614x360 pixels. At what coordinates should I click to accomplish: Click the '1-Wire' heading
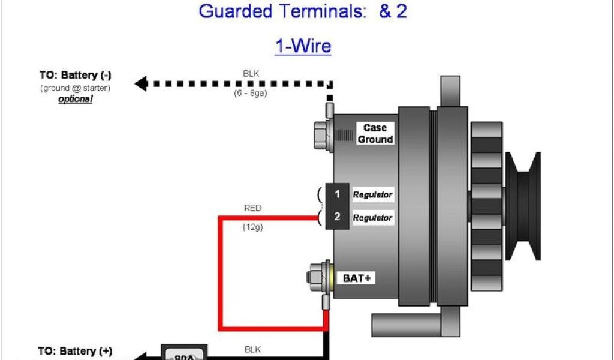click(303, 46)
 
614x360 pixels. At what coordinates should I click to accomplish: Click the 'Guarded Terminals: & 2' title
click(303, 11)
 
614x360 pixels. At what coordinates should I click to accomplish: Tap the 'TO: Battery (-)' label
click(76, 76)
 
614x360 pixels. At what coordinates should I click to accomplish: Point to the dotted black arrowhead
click(141, 83)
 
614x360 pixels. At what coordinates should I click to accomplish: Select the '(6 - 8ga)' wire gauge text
click(251, 94)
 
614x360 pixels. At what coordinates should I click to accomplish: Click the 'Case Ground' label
click(375, 133)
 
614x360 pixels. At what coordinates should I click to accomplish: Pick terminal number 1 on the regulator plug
click(338, 194)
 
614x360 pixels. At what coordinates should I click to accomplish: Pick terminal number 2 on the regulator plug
click(338, 217)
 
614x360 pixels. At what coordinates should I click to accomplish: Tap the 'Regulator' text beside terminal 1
click(372, 194)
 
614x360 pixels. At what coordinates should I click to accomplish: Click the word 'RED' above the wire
click(252, 208)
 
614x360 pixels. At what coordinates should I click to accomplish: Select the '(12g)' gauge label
click(252, 227)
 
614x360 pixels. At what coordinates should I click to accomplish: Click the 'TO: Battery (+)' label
click(76, 351)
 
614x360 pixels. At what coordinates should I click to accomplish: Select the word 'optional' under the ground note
click(76, 99)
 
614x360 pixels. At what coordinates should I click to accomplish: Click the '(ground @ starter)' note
click(76, 88)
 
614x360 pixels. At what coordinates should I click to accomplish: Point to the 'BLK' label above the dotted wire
click(251, 74)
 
